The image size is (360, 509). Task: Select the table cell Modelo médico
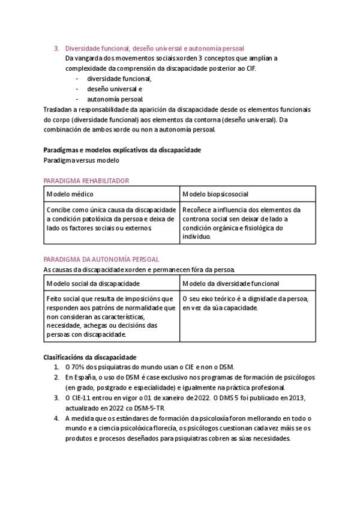pos(70,194)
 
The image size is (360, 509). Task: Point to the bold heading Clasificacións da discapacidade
pos(90,357)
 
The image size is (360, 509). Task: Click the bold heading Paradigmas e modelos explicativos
pos(122,149)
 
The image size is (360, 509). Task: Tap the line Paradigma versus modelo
pos(82,160)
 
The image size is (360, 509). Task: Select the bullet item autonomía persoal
pos(115,98)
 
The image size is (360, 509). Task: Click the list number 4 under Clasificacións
pos(56,418)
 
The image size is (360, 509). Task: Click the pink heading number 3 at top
pos(56,47)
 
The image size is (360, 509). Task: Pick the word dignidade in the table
pos(266,298)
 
